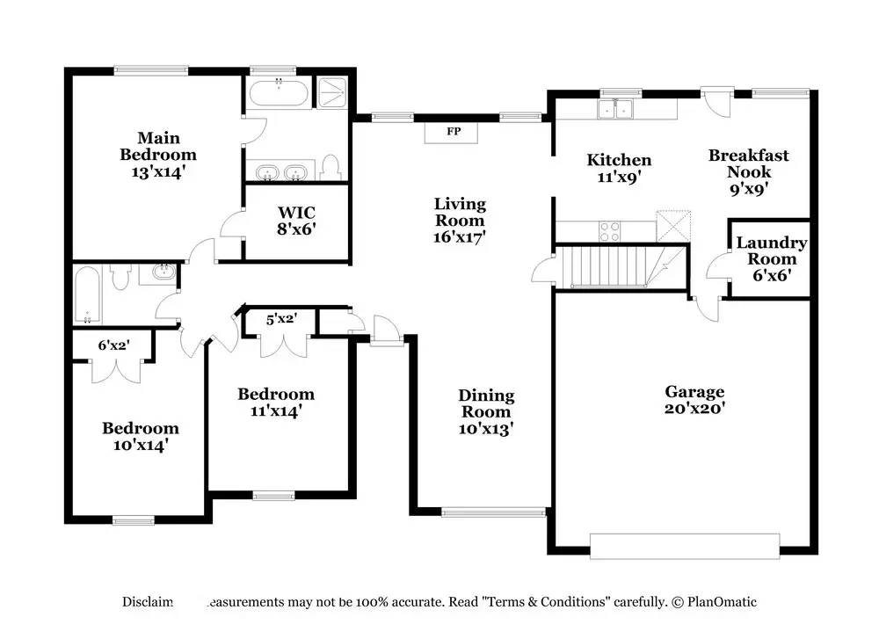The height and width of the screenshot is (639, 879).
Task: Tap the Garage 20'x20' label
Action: click(x=694, y=400)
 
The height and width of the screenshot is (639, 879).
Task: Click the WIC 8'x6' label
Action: click(x=296, y=221)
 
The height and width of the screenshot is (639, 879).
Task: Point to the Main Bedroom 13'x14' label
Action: click(x=158, y=155)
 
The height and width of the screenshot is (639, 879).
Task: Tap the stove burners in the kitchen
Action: click(x=609, y=231)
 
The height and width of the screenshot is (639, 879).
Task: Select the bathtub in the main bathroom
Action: click(x=278, y=92)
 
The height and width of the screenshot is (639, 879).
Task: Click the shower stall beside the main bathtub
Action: click(x=332, y=93)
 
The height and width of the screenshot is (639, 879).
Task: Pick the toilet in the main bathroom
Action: click(x=331, y=167)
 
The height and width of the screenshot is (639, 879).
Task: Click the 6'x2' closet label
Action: click(x=113, y=345)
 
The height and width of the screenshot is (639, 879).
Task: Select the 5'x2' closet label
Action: click(x=281, y=320)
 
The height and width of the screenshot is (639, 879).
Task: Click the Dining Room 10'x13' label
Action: click(x=486, y=412)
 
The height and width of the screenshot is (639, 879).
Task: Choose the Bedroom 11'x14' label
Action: click(x=276, y=402)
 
